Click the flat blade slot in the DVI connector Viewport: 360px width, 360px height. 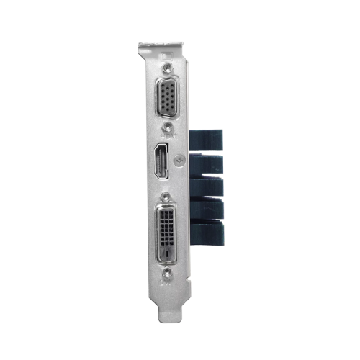click(x=166, y=254)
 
